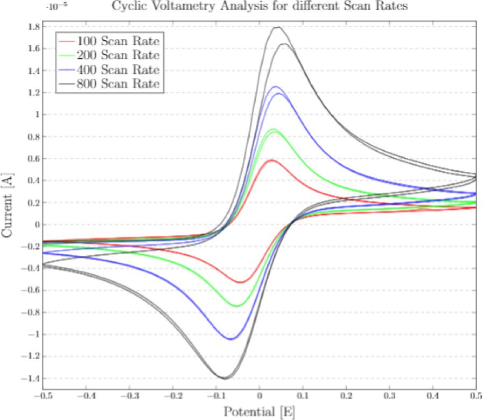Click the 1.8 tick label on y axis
point(33,27)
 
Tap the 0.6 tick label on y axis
point(33,159)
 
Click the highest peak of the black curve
point(278,27)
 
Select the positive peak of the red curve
point(272,160)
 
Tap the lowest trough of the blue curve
point(230,339)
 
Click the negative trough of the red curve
point(241,282)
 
